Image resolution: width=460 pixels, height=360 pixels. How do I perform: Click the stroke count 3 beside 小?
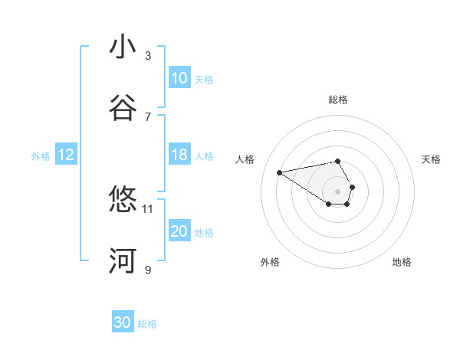(x=148, y=55)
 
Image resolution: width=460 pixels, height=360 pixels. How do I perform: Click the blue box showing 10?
(x=179, y=78)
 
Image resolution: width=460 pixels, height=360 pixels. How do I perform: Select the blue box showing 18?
(x=179, y=155)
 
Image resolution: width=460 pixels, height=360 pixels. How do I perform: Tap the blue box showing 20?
(x=179, y=231)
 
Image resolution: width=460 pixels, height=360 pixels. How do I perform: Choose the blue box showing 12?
(x=66, y=155)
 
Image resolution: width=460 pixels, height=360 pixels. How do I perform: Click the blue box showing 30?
(x=123, y=323)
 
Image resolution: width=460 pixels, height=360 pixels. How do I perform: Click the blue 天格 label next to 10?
(x=204, y=79)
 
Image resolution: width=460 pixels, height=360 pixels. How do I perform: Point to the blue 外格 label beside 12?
(x=41, y=156)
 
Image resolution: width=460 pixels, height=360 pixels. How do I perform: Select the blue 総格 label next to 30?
(x=147, y=324)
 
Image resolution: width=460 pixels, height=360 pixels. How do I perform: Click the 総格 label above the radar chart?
(x=338, y=100)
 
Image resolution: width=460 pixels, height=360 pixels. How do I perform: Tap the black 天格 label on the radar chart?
(x=432, y=159)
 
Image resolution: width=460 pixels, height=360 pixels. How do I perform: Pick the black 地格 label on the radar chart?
(x=402, y=262)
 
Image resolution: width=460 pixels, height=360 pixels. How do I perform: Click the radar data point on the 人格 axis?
(x=280, y=172)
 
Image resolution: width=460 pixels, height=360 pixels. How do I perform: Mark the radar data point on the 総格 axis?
(x=338, y=161)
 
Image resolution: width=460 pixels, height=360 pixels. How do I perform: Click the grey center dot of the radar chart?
(x=338, y=191)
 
